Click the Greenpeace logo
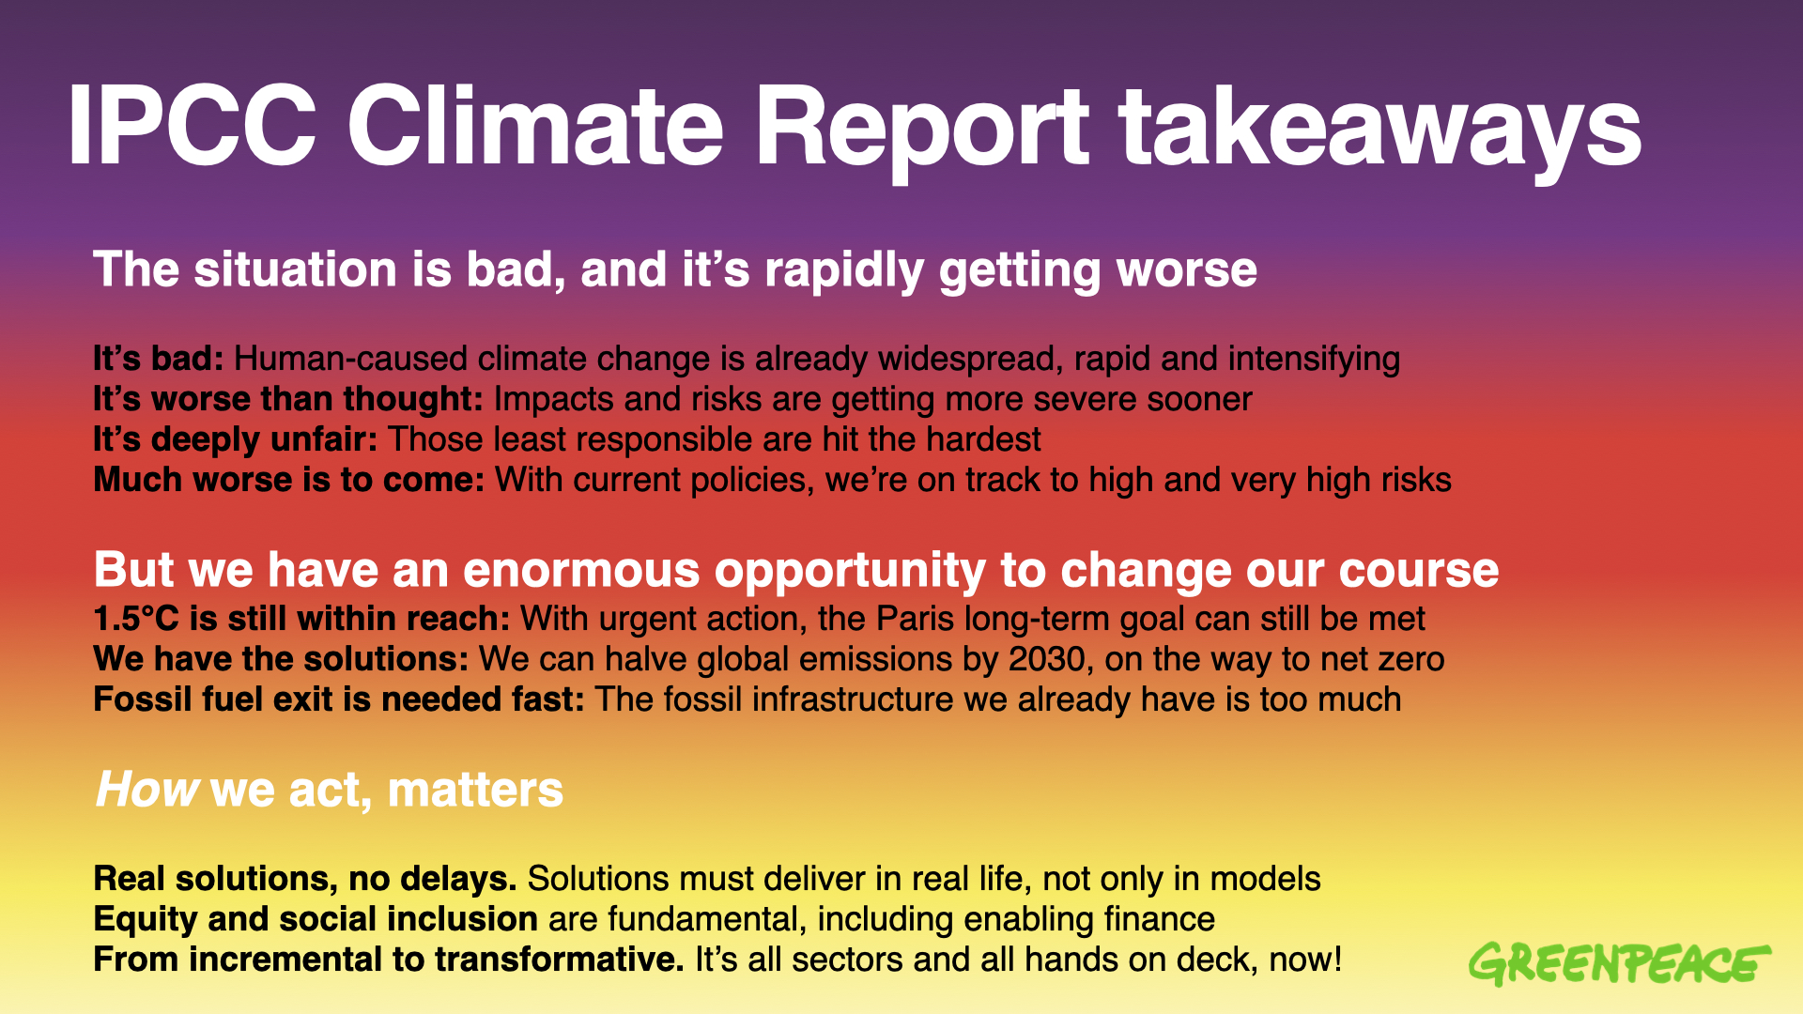pyautogui.click(x=1618, y=964)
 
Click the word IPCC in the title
pyautogui.click(x=192, y=128)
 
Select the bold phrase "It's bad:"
pyautogui.click(x=158, y=359)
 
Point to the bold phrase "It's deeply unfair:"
pyautogui.click(x=235, y=439)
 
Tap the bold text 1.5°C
pyautogui.click(x=135, y=619)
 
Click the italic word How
pyautogui.click(x=146, y=790)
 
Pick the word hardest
pyautogui.click(x=983, y=439)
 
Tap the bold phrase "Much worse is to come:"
pyautogui.click(x=288, y=480)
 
